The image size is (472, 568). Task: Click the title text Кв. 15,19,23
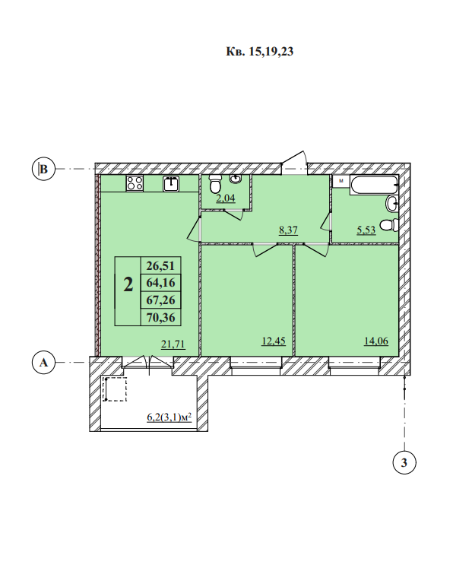click(259, 52)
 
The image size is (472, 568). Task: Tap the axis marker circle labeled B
click(43, 169)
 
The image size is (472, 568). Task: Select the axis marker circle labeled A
click(43, 362)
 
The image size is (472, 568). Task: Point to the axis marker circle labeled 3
click(404, 462)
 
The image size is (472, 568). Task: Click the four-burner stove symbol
click(135, 183)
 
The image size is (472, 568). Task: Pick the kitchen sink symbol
click(171, 183)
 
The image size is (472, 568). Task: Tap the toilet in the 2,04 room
click(215, 184)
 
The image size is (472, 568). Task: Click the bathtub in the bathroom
click(374, 185)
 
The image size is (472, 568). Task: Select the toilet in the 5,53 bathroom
click(388, 226)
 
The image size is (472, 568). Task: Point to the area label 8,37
click(288, 230)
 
